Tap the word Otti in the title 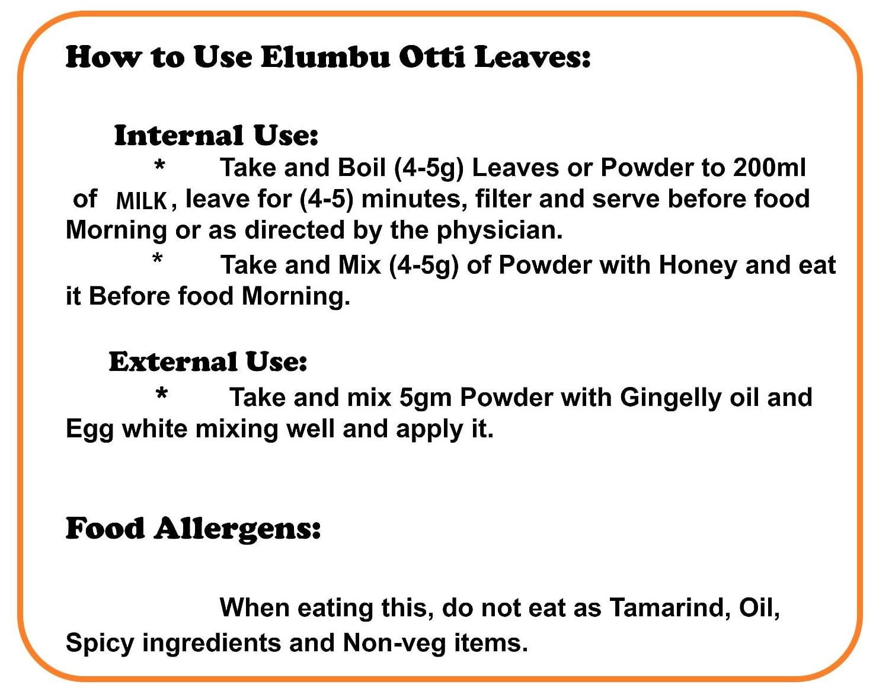pyautogui.click(x=432, y=57)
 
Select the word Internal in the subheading pyautogui.click(x=179, y=135)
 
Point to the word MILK pyautogui.click(x=141, y=200)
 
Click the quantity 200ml pyautogui.click(x=769, y=167)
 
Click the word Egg pyautogui.click(x=89, y=430)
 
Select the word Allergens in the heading pyautogui.click(x=237, y=529)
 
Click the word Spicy pyautogui.click(x=100, y=644)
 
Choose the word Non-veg pyautogui.click(x=394, y=644)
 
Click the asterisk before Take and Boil pyautogui.click(x=159, y=165)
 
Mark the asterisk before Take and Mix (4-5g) pyautogui.click(x=157, y=258)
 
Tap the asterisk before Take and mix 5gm pyautogui.click(x=162, y=393)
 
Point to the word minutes pyautogui.click(x=414, y=199)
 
